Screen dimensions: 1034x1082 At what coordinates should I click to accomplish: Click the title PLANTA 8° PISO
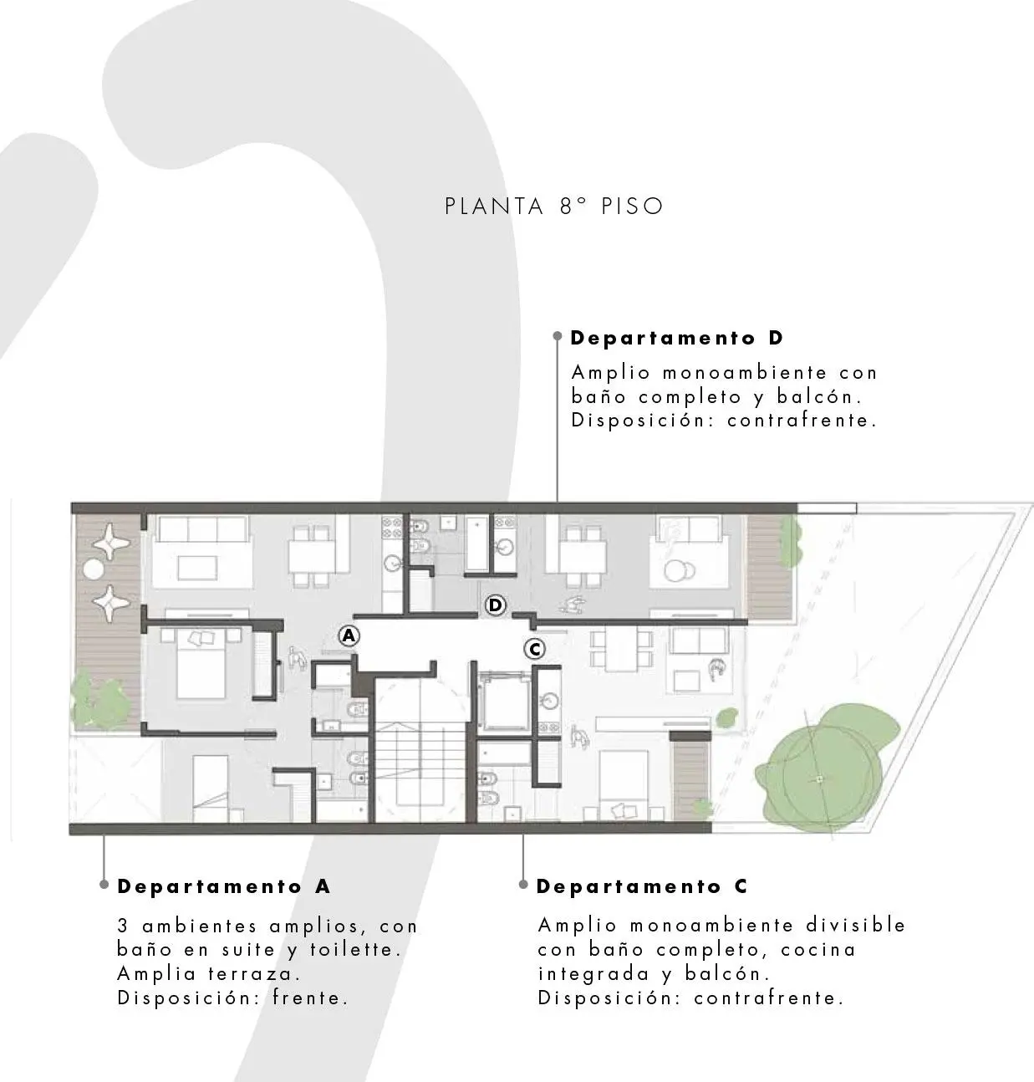(553, 207)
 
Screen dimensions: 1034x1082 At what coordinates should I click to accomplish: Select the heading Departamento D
(676, 338)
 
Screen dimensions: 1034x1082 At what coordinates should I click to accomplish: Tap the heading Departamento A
(223, 886)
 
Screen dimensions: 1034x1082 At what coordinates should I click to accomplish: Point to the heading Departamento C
(641, 886)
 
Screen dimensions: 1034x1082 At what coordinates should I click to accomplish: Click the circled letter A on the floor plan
(349, 635)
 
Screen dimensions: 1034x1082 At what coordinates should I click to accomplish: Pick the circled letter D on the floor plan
(496, 605)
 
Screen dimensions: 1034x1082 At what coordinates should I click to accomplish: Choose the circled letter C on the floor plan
(535, 649)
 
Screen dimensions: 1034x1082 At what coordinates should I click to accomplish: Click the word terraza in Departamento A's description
(255, 974)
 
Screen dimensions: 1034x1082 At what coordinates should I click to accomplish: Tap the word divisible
(856, 925)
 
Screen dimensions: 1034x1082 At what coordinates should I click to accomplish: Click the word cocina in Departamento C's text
(818, 950)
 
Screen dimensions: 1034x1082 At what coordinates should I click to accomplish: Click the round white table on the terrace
(93, 569)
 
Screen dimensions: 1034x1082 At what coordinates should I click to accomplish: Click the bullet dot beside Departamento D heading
(558, 336)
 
